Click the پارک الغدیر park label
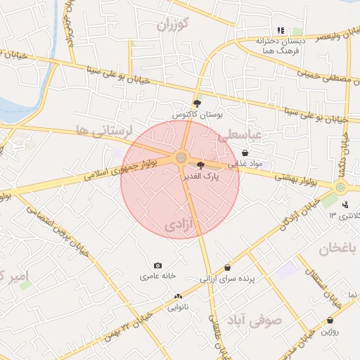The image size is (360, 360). click(201, 176)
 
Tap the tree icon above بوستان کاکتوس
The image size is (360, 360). click(196, 103)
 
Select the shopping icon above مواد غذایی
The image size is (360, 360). click(245, 153)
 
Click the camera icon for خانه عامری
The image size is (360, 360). click(157, 266)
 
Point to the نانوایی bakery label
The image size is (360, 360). click(177, 307)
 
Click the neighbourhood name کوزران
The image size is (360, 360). click(174, 26)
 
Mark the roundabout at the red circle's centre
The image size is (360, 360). click(181, 157)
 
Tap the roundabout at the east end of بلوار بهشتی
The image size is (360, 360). click(341, 187)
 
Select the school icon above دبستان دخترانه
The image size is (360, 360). click(281, 30)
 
